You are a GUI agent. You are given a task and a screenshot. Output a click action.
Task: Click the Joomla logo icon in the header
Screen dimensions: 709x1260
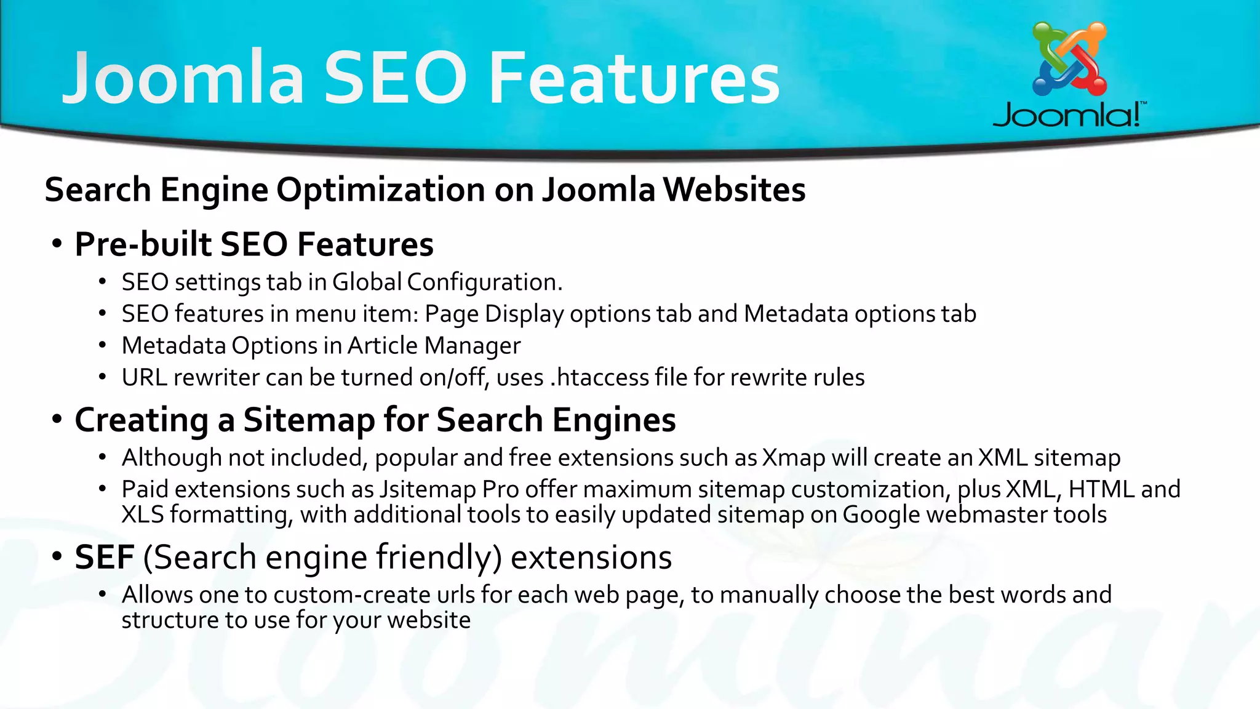point(1069,59)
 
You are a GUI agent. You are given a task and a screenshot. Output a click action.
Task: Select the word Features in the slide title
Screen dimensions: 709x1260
point(634,78)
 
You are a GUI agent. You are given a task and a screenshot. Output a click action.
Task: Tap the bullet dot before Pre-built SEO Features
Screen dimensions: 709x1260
point(57,244)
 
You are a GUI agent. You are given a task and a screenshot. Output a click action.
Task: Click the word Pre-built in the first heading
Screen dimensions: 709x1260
point(142,244)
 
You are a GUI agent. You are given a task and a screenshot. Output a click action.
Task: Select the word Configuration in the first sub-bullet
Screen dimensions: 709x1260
point(484,282)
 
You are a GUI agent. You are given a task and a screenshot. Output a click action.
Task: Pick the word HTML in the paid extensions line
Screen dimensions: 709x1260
point(1101,489)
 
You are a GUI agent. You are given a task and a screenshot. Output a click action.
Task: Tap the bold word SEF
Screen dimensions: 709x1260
point(104,557)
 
